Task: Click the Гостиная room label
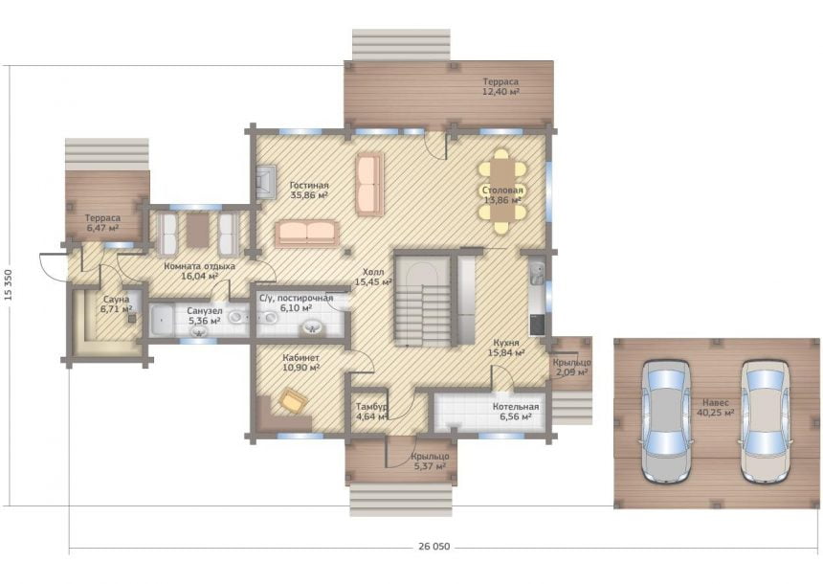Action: point(310,186)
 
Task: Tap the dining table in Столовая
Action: point(502,190)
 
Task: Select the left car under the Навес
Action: point(665,421)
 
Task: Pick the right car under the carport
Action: point(765,421)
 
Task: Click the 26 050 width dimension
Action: point(434,547)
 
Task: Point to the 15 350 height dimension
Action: point(9,285)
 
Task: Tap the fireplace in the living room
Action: point(266,182)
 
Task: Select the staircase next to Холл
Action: point(423,301)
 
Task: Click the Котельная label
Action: point(516,407)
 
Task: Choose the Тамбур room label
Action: point(371,407)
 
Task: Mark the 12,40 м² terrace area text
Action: point(500,92)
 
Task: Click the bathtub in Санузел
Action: point(162,321)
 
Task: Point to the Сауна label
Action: point(116,300)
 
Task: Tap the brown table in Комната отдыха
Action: point(198,231)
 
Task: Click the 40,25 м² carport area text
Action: point(716,413)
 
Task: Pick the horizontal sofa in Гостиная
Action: point(306,235)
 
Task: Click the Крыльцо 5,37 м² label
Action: point(430,461)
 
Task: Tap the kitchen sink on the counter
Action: point(537,273)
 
